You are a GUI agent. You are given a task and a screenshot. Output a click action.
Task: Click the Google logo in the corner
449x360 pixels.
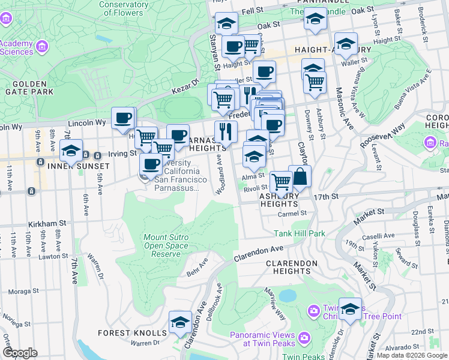click(x=20, y=353)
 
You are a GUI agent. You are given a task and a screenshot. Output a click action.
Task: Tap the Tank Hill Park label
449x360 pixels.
click(x=300, y=233)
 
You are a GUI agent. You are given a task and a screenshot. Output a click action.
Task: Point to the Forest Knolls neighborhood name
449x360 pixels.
click(x=139, y=333)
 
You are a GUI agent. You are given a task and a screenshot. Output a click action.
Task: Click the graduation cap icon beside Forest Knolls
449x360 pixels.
click(x=180, y=323)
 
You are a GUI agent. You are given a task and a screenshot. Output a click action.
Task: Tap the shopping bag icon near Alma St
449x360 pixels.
click(x=300, y=177)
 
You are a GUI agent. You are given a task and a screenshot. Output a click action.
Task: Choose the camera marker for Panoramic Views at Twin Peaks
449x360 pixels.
click(x=304, y=338)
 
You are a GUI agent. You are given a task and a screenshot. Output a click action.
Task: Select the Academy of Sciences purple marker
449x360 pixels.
click(x=42, y=46)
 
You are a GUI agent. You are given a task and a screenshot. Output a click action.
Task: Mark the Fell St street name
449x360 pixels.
click(x=253, y=10)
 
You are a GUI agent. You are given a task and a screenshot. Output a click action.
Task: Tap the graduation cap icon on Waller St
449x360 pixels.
click(x=346, y=44)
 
